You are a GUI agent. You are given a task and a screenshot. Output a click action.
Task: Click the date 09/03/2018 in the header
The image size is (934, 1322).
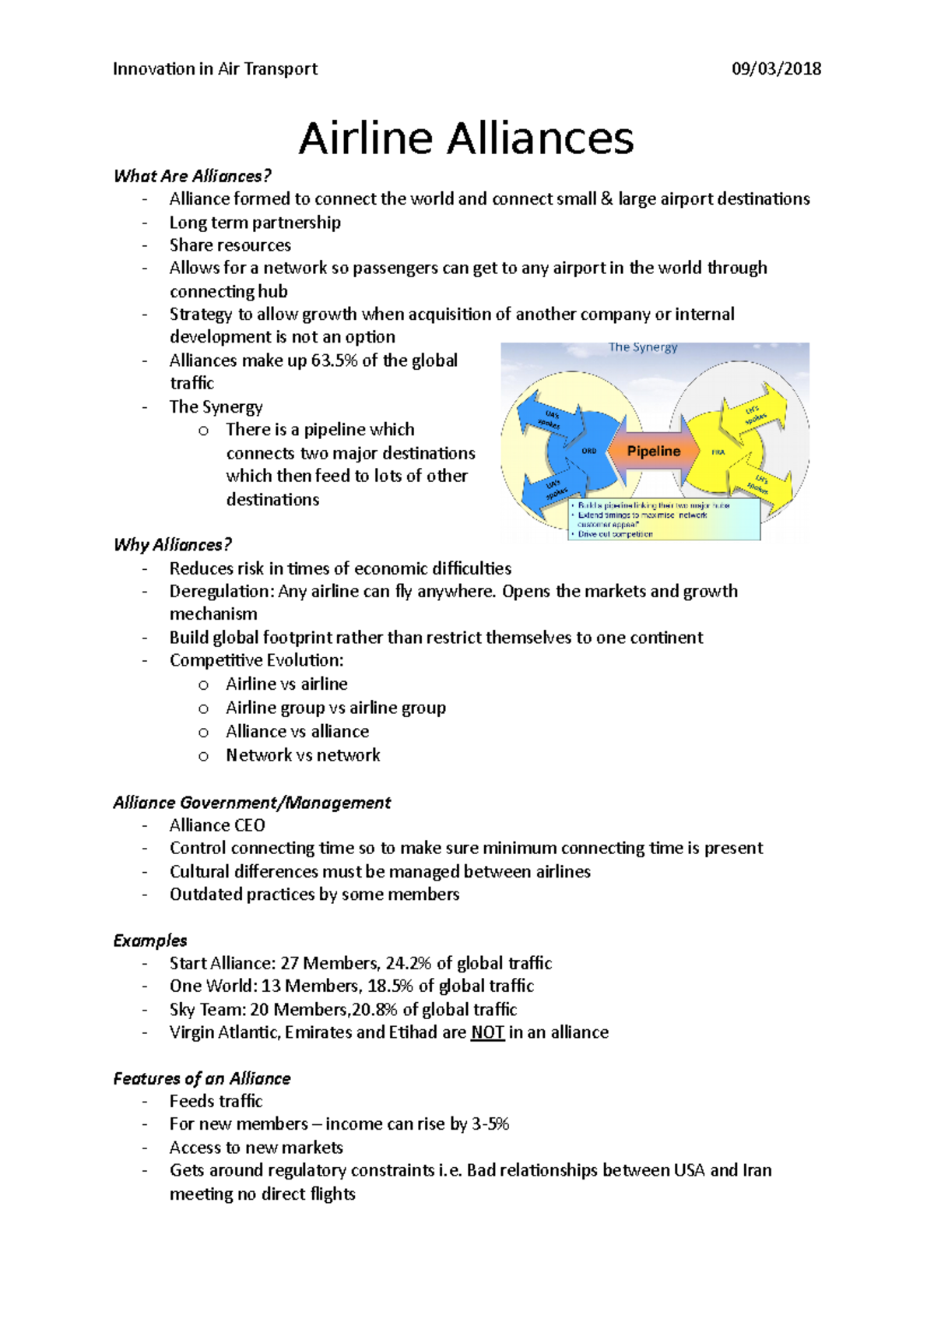[776, 69]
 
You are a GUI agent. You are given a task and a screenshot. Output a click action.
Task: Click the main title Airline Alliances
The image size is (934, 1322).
[466, 139]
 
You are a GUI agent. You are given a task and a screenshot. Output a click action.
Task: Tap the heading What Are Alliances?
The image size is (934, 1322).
[192, 176]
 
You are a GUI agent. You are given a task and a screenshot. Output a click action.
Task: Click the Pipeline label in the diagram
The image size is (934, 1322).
[654, 451]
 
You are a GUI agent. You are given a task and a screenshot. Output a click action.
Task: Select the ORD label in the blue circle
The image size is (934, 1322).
[589, 451]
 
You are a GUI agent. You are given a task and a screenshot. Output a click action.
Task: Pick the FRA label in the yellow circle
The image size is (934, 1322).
[718, 452]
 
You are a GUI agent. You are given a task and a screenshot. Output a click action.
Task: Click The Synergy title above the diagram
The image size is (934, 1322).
[643, 347]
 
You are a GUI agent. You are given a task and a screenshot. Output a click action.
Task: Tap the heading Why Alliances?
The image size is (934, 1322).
[172, 545]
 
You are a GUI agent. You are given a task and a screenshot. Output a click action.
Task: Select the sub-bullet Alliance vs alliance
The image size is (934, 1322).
[297, 732]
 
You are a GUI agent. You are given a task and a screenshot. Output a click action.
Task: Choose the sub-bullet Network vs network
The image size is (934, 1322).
[303, 755]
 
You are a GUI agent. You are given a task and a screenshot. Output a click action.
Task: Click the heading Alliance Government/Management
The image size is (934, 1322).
[251, 803]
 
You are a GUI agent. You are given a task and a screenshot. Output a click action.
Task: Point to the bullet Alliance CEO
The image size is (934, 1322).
[217, 825]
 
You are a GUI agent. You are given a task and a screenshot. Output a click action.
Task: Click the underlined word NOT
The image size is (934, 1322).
[487, 1032]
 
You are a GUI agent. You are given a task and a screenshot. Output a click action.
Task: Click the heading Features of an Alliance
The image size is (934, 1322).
[202, 1078]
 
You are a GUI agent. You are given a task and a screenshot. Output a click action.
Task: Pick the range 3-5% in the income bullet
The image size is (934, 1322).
[490, 1124]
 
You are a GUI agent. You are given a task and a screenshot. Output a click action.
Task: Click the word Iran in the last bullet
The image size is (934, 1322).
[757, 1170]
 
